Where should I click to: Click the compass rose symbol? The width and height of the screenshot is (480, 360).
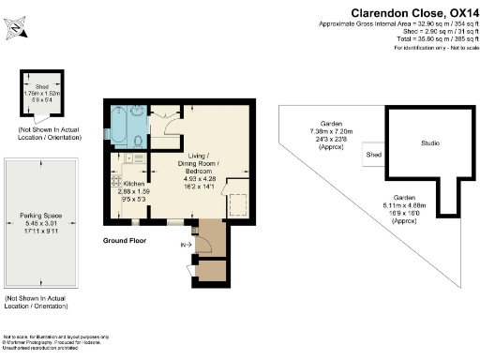tap(19, 26)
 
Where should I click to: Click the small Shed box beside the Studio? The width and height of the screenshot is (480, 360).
tap(373, 154)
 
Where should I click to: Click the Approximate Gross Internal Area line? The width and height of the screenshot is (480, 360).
tap(398, 22)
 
